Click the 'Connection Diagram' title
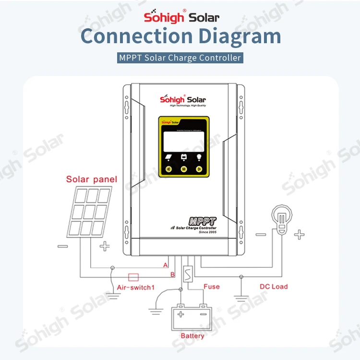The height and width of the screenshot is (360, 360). [x=180, y=37]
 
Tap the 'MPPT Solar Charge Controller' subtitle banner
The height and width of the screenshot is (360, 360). [x=180, y=58]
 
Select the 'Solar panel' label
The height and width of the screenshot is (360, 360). [x=92, y=180]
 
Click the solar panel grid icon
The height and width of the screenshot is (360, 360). [x=89, y=212]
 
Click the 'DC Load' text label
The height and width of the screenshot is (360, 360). [x=274, y=287]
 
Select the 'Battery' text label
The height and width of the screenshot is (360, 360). [x=192, y=336]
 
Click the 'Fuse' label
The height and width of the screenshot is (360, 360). [x=211, y=287]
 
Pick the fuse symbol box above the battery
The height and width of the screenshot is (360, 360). [x=189, y=276]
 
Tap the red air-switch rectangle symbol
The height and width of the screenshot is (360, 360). [x=132, y=276]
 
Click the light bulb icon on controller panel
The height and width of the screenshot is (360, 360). [x=199, y=156]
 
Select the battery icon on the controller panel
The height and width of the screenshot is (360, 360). [x=183, y=156]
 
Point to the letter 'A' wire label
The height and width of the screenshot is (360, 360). [x=166, y=264]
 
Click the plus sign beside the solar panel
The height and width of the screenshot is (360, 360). [x=104, y=247]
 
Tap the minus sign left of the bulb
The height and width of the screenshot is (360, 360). [x=261, y=235]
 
